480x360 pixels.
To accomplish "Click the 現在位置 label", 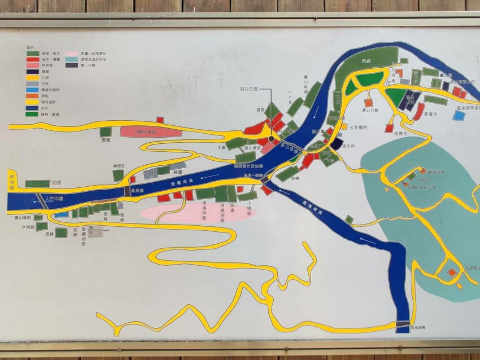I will (249, 89).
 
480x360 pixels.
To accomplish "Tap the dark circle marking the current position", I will (272, 138).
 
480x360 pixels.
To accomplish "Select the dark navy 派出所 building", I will (336, 144).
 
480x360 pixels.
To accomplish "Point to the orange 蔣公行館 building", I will (369, 103).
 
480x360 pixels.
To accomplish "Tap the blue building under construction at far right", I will (459, 115).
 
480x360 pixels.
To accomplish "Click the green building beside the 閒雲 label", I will (37, 183).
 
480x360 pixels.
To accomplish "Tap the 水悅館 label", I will (28, 227).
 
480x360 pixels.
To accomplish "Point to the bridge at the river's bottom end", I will (402, 324).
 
